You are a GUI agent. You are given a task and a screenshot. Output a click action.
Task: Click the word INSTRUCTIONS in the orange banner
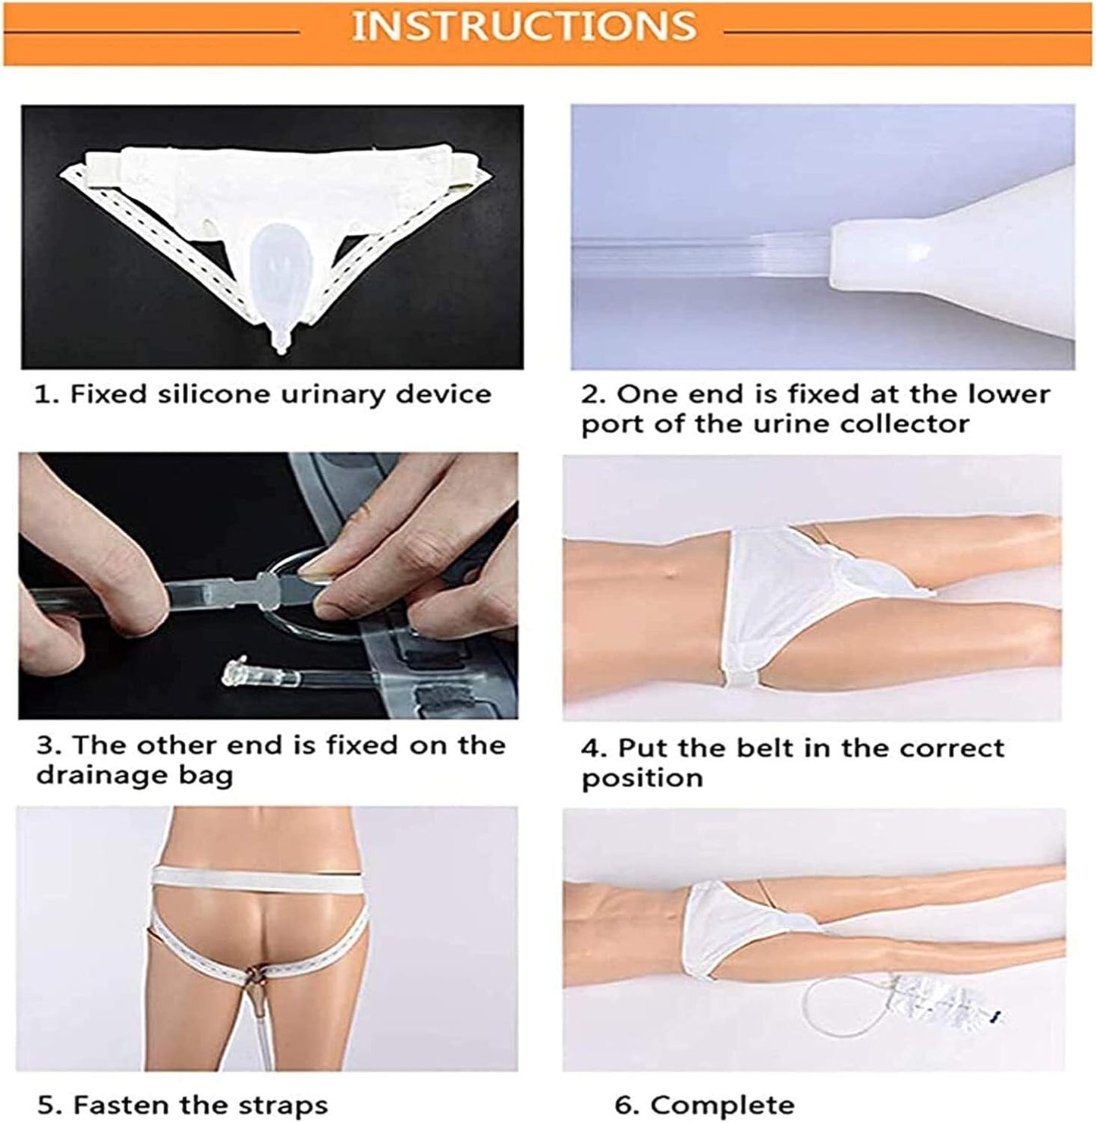(524, 26)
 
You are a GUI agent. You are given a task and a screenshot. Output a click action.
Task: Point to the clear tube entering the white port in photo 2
(702, 254)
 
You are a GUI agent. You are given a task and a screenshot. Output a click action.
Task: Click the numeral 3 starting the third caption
(47, 745)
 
